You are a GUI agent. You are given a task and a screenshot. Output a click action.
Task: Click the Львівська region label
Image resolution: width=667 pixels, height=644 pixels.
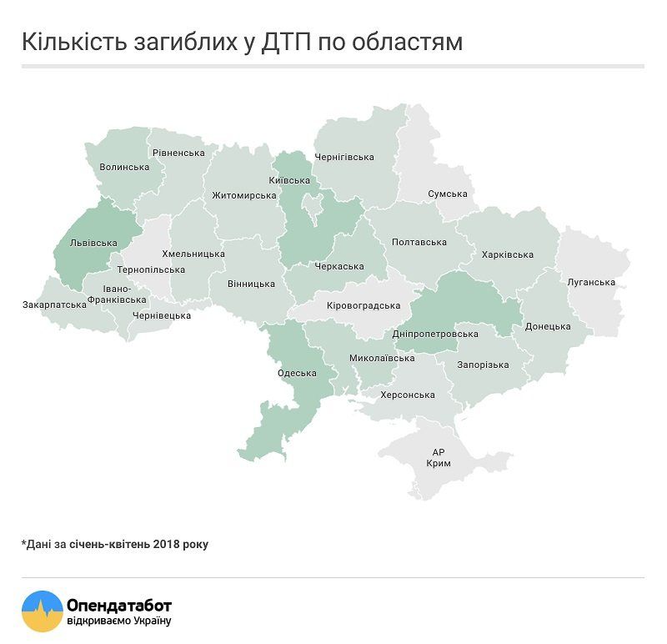93,244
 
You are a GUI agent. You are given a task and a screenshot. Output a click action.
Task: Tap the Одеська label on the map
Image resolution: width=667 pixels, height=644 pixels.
298,373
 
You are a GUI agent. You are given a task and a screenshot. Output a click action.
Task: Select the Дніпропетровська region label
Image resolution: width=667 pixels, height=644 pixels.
435,334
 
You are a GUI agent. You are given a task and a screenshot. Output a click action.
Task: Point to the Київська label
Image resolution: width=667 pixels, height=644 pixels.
290,181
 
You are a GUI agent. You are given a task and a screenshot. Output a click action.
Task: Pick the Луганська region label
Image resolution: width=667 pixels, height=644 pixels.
590,282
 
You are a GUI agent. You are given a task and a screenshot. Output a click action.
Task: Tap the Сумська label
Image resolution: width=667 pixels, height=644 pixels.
448,194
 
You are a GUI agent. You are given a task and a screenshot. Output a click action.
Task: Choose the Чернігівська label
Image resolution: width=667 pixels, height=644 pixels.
344,157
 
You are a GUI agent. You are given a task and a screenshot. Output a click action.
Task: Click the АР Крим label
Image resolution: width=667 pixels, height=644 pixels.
439,456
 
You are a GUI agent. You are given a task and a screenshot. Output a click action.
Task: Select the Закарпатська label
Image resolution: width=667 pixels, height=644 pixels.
54,304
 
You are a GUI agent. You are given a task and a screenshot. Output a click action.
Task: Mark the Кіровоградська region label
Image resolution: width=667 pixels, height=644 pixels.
364,305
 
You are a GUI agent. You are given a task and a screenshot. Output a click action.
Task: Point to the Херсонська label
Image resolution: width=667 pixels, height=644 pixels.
408,395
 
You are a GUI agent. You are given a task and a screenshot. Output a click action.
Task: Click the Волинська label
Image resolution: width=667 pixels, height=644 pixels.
124,167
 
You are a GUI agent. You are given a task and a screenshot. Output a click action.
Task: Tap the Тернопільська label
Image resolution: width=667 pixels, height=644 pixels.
151,270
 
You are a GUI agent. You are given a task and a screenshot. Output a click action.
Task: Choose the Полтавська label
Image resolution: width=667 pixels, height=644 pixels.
419,243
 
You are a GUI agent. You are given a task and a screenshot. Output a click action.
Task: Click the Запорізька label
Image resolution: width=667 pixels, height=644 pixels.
483,365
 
